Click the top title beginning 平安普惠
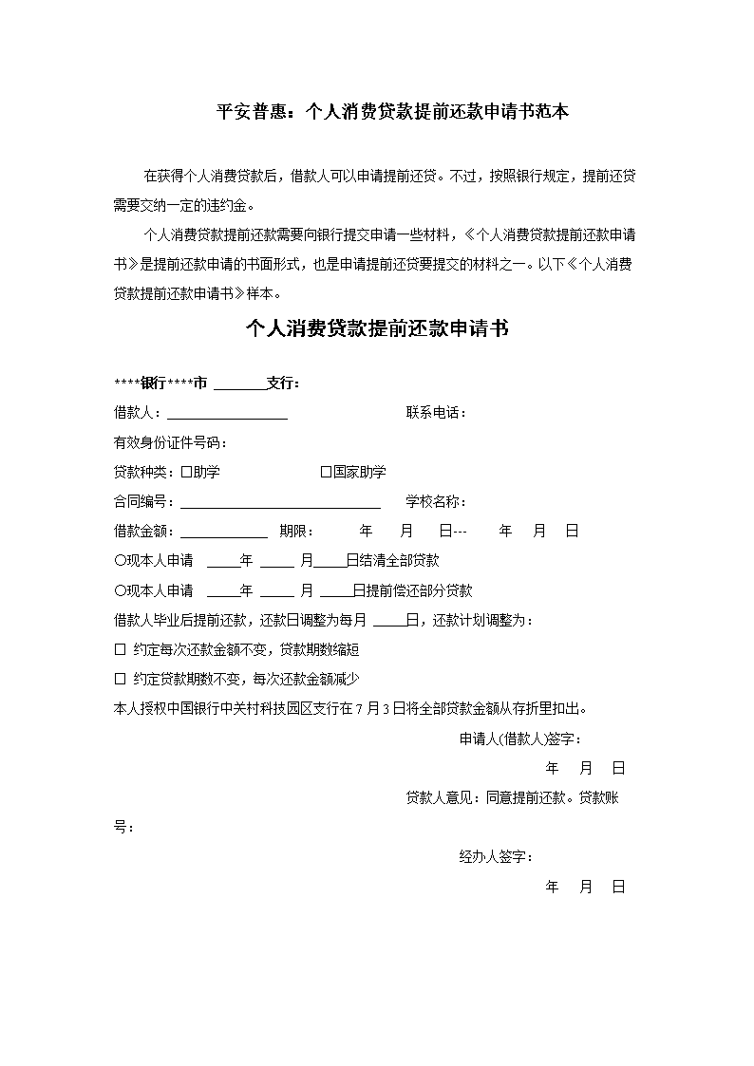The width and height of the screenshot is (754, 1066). click(x=392, y=112)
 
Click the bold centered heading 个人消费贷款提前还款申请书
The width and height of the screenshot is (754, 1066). click(x=377, y=329)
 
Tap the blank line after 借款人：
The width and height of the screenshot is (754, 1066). click(x=228, y=415)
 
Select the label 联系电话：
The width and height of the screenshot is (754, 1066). click(x=436, y=413)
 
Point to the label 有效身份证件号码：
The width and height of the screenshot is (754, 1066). click(x=171, y=442)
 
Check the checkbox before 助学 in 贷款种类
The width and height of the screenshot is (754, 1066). click(x=186, y=472)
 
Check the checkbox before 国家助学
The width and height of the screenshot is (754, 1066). click(x=326, y=472)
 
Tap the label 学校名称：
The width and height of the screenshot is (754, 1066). click(x=436, y=501)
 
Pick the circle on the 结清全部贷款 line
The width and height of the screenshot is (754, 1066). click(x=120, y=561)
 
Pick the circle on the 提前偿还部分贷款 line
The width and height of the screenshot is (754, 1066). click(x=120, y=590)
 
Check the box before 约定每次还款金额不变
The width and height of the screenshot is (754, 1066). click(x=120, y=650)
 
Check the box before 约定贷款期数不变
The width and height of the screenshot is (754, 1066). click(x=120, y=680)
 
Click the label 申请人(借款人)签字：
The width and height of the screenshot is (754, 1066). click(x=520, y=739)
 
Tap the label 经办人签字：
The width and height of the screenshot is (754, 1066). click(x=496, y=857)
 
